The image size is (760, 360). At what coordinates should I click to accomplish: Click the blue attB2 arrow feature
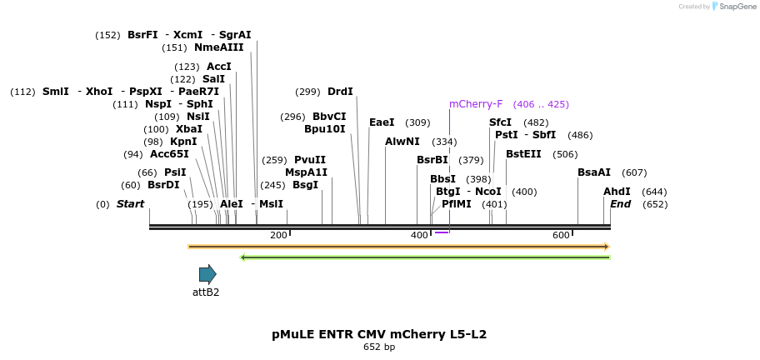point(207,274)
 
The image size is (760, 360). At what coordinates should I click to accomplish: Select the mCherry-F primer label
point(476,104)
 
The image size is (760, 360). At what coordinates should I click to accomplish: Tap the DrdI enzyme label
point(340,92)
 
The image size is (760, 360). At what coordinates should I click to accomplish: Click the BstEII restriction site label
point(523,153)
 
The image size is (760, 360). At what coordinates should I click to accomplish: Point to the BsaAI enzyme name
point(594,172)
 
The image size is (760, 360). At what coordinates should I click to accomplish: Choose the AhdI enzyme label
point(617,192)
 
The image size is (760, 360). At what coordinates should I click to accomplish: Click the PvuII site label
point(310,160)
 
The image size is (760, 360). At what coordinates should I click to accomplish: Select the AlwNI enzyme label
point(402,142)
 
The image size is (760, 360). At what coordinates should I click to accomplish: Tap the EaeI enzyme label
point(382,122)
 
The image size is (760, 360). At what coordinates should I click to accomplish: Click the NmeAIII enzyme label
point(218,47)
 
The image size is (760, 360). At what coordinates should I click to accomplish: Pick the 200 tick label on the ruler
point(278,236)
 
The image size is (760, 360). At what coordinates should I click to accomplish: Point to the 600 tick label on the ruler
point(561,236)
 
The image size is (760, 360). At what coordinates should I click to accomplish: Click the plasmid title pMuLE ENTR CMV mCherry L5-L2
point(379,334)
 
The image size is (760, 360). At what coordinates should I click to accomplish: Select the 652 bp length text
point(379,347)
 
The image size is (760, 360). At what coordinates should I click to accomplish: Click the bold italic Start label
point(130,204)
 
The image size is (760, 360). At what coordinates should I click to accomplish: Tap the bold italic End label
point(620,204)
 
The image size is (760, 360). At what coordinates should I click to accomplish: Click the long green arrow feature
point(425,257)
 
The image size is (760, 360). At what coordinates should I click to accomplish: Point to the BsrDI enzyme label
point(163,185)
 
